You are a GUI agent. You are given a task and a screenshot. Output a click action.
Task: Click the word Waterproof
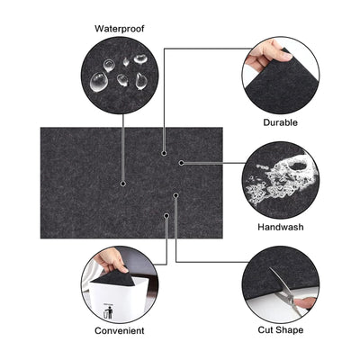[x=120, y=28]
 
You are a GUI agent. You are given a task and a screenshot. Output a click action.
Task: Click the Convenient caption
[x=120, y=330]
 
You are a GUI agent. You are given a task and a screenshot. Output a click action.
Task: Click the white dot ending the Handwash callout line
[x=181, y=163]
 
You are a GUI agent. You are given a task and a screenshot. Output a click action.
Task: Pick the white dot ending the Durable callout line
[x=163, y=153]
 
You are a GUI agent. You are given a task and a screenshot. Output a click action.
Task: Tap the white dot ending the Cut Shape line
[x=176, y=194]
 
